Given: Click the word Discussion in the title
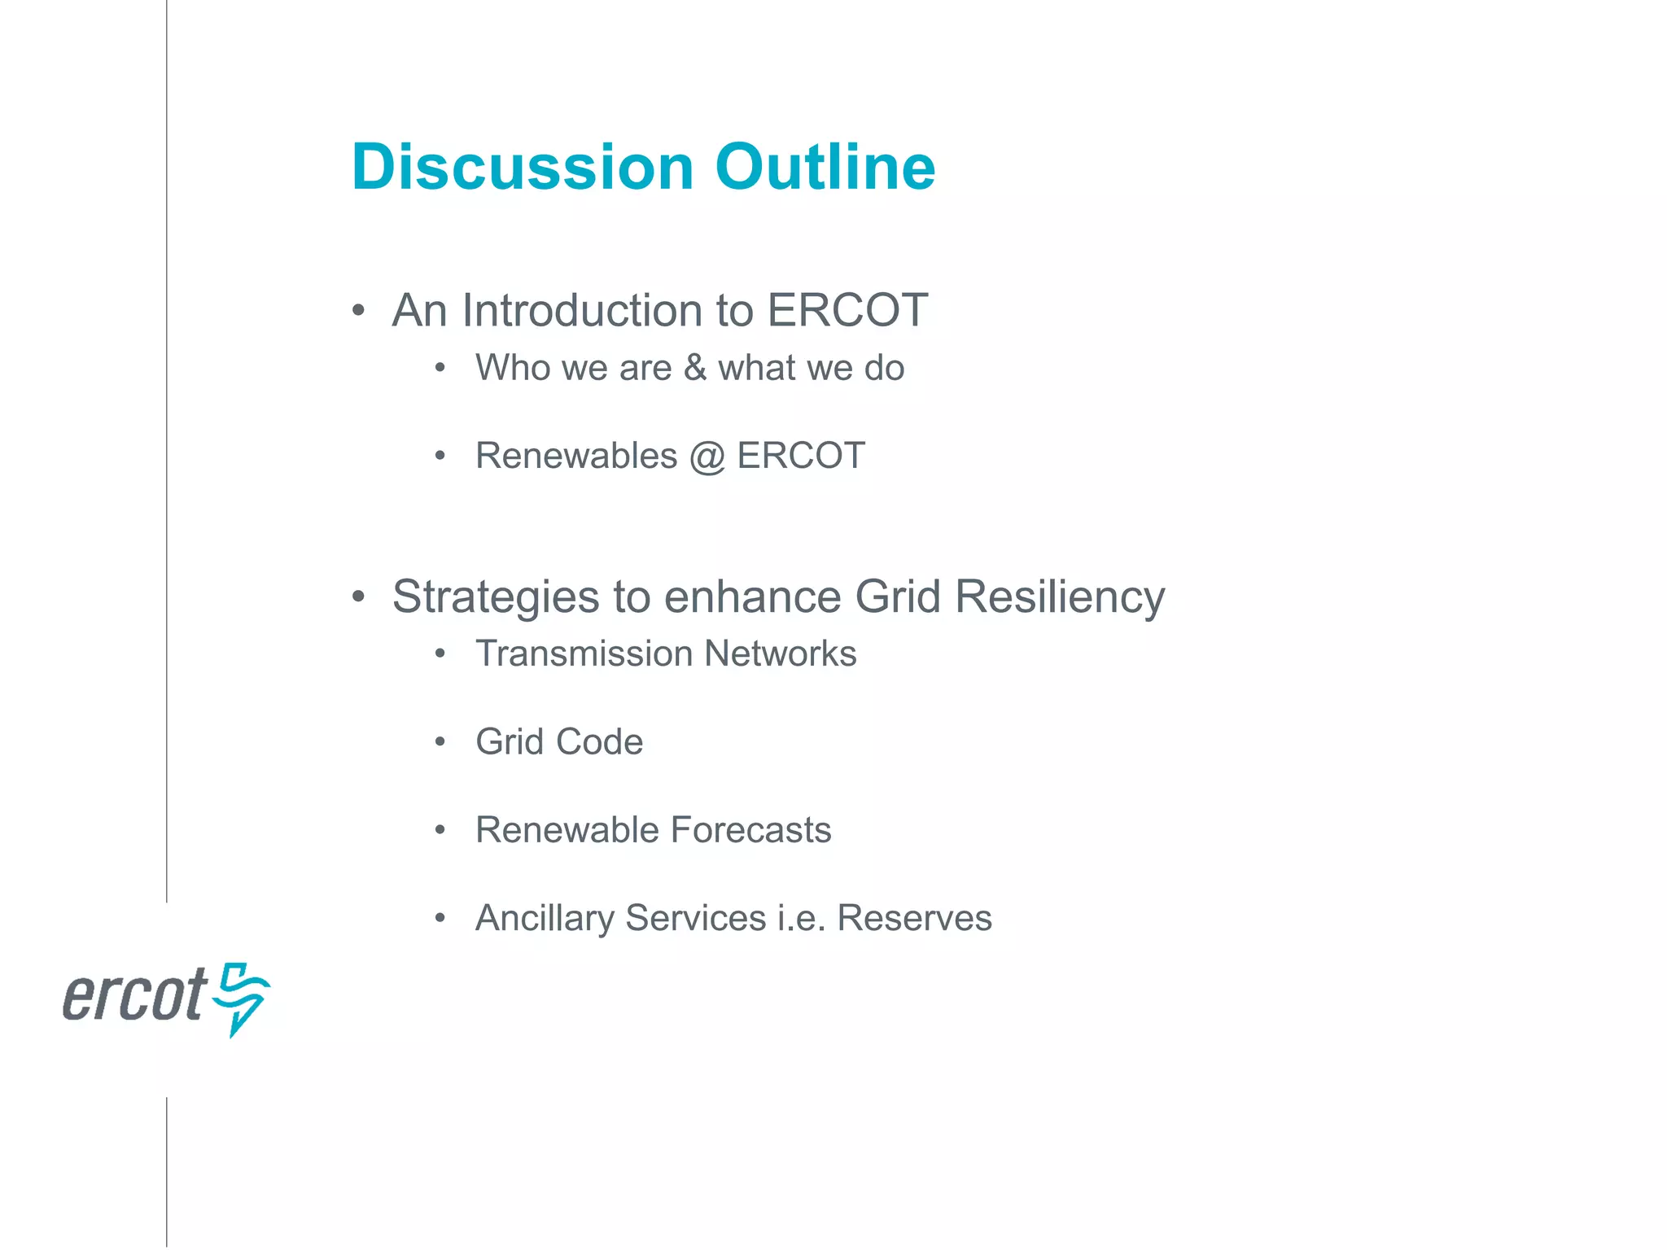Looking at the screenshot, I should (522, 168).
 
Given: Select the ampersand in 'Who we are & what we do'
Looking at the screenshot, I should (694, 368).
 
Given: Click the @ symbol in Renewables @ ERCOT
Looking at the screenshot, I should (707, 457).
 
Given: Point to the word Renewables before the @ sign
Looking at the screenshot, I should (575, 456).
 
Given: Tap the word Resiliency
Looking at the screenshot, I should (1059, 598).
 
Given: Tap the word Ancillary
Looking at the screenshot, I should (545, 919).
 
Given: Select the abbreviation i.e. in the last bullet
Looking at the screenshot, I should (801, 918).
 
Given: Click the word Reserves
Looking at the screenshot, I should (914, 918).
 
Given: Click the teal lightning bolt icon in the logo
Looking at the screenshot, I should (242, 998).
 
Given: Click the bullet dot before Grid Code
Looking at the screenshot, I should (440, 741).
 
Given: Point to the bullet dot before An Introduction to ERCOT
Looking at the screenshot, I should (358, 311).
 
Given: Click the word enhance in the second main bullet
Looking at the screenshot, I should (752, 598).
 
